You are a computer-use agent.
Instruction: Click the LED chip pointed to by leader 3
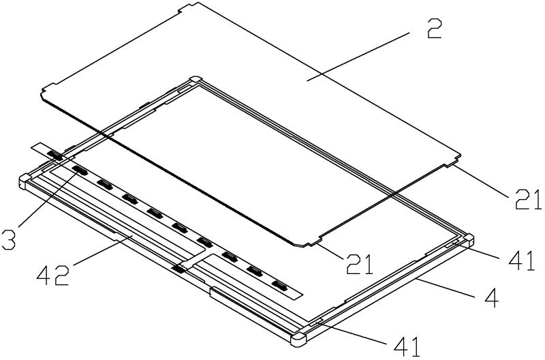pyautogui.click(x=80, y=170)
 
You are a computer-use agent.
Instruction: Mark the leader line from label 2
pyautogui.click(x=358, y=56)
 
